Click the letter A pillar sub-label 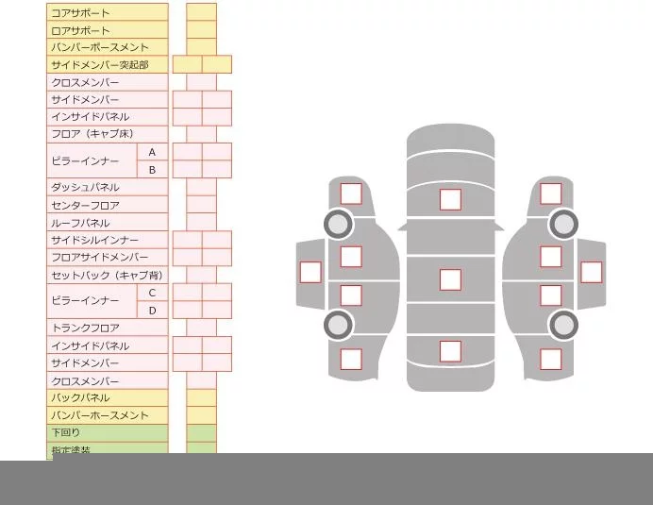152,152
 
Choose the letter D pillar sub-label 152,310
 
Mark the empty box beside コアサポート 201,12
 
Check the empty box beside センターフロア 201,205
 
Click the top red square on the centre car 450,199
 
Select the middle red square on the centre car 450,279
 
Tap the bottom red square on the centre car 450,350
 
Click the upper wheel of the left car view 337,224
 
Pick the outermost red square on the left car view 310,272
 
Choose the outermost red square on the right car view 591,272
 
